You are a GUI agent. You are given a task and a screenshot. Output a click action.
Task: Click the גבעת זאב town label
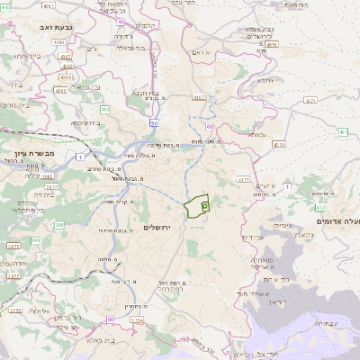[x=43, y=28]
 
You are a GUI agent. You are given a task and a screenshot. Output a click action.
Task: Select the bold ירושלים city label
[x=163, y=227]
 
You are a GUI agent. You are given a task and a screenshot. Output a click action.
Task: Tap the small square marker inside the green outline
[x=205, y=206]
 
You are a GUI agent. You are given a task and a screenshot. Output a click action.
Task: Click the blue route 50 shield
[x=155, y=123]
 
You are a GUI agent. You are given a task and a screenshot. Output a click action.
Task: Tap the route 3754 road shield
[x=137, y=319]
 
